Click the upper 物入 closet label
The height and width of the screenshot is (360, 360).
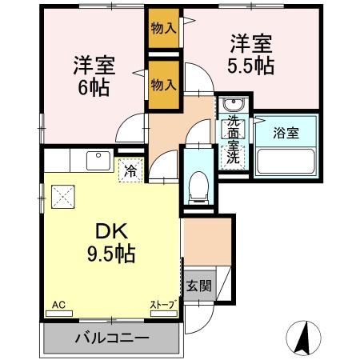(163, 29)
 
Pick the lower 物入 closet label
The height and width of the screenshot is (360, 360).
(163, 83)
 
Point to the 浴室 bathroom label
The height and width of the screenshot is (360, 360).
(287, 133)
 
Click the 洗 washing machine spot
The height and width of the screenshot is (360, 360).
(234, 157)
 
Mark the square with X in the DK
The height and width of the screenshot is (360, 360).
(62, 196)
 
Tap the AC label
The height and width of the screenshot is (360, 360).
(58, 305)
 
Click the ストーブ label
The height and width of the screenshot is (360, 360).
(163, 305)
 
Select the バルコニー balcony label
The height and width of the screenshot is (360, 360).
(112, 337)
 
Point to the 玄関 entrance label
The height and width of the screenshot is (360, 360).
(199, 286)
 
